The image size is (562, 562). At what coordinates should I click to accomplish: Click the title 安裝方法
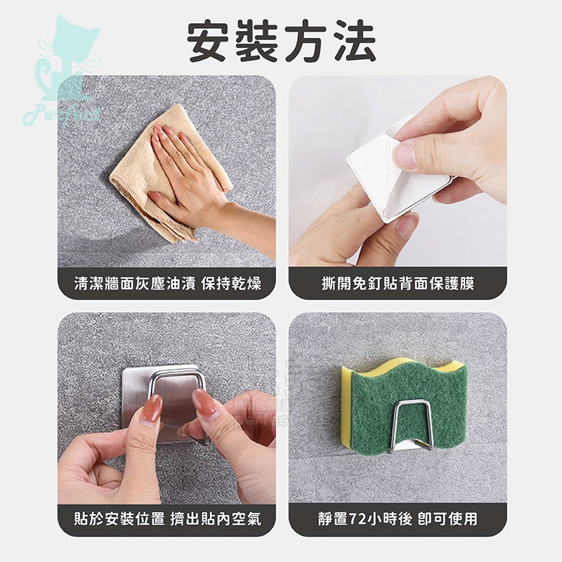[x=281, y=41]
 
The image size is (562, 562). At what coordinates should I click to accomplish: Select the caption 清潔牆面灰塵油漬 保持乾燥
[x=167, y=285]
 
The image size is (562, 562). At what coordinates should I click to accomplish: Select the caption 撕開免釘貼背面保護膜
[x=397, y=285]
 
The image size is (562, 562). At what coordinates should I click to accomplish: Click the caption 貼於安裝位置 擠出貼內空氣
[x=167, y=519]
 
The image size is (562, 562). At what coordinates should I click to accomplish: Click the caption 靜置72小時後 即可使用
[x=397, y=519]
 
